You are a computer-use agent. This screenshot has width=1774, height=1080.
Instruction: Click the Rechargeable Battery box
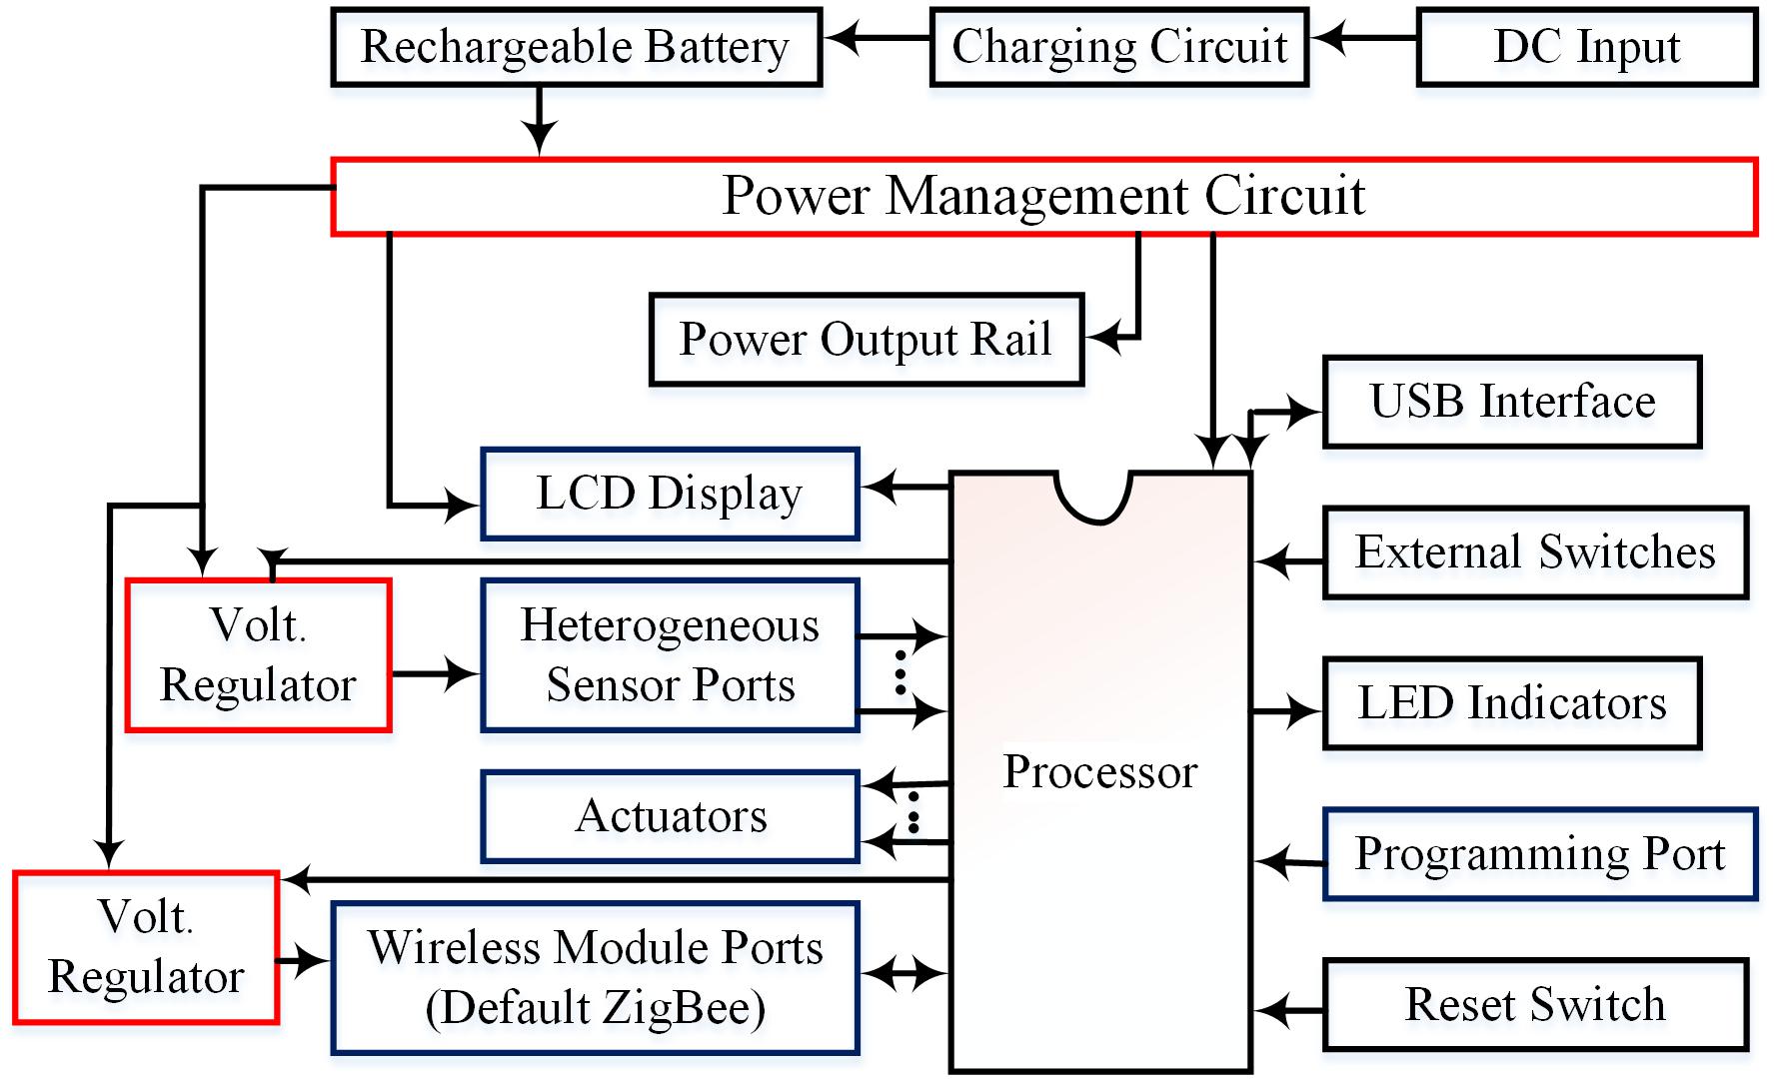coord(576,47)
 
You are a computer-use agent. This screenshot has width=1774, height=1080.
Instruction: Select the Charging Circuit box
coord(1118,47)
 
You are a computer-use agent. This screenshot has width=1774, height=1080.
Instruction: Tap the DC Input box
coord(1586,47)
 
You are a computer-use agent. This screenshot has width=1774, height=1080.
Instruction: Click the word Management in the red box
coord(1043,195)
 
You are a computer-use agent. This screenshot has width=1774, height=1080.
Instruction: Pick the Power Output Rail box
coord(866,340)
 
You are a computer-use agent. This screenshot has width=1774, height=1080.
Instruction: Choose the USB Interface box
coord(1511,402)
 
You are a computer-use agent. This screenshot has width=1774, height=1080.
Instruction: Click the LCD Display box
coord(670,494)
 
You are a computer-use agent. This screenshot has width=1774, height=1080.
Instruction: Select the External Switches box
coord(1534,552)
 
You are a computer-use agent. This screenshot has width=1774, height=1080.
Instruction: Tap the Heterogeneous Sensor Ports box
coord(670,655)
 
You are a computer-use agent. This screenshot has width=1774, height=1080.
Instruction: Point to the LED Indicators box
coord(1511,703)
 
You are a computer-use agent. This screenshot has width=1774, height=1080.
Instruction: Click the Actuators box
coord(670,816)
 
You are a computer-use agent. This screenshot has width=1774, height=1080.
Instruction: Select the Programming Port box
coord(1539,854)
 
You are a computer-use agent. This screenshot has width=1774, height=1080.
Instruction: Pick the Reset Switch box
coord(1534,1005)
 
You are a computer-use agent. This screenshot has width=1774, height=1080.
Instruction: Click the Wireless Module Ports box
coord(595,977)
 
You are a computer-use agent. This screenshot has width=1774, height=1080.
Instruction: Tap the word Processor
coord(1099,772)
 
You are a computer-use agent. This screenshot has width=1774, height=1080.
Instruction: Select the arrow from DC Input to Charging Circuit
coord(1364,39)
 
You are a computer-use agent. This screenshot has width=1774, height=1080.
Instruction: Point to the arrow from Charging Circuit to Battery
coord(877,39)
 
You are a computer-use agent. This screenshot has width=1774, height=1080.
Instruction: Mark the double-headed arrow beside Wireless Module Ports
coord(904,971)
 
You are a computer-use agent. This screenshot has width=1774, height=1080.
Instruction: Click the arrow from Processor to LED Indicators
coord(1287,711)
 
